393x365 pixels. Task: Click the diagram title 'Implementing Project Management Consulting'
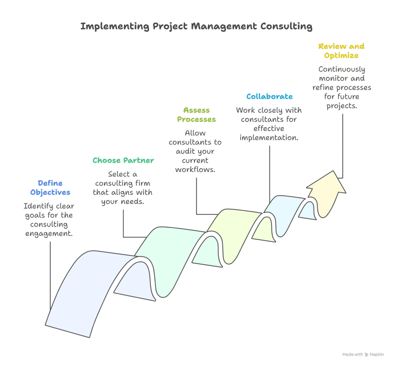196,27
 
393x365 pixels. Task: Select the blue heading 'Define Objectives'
50,188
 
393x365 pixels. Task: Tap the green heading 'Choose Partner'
123,160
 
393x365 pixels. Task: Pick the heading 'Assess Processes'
196,115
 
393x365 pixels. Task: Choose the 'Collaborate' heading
269,97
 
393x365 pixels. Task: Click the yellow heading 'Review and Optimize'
341,51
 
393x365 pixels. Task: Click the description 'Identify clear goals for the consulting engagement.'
49,220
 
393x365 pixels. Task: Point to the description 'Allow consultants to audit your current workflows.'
195,151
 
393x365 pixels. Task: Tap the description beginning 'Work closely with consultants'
269,124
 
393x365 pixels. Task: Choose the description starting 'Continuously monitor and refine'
342,88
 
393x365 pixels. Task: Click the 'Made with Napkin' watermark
363,355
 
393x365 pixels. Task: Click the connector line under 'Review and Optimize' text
342,146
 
